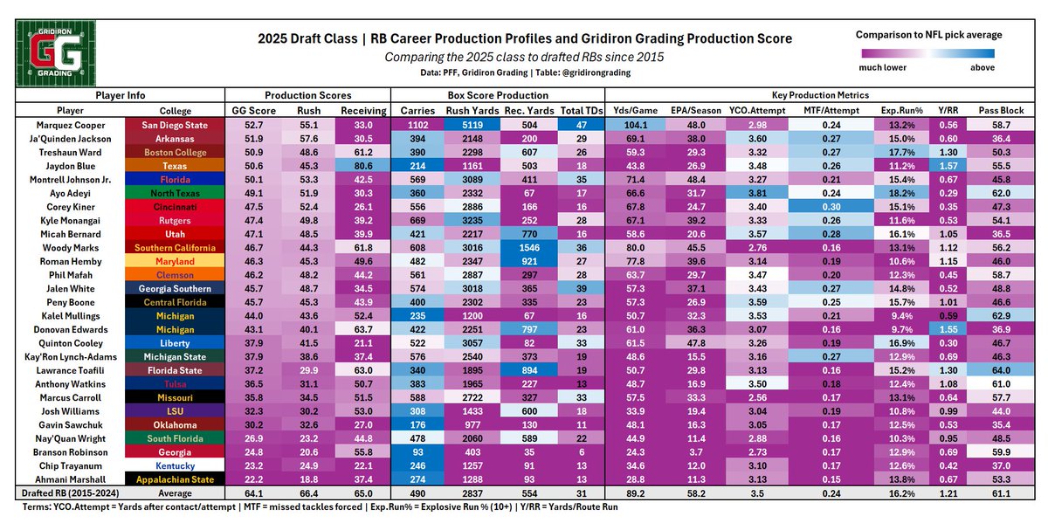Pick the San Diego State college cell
[176, 125]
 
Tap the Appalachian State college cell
[176, 478]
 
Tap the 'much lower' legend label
[882, 66]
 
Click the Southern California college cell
[176, 247]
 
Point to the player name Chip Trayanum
[71, 465]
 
